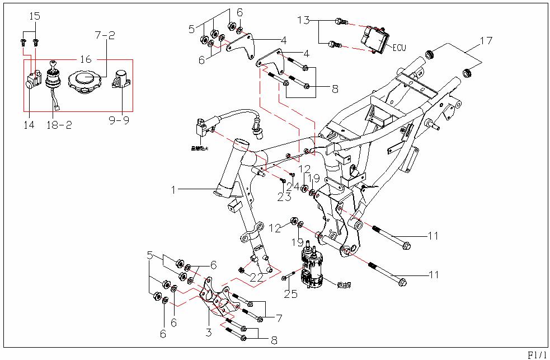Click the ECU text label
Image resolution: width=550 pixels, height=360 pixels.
click(x=399, y=48)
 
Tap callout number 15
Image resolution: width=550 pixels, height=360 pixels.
click(x=34, y=16)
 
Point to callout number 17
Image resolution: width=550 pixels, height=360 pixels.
click(x=486, y=40)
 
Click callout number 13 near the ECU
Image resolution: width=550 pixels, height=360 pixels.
click(x=303, y=21)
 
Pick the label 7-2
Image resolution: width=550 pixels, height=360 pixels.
click(x=104, y=35)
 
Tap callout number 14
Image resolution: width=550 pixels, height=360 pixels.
click(x=29, y=124)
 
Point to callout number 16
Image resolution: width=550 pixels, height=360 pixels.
click(x=86, y=59)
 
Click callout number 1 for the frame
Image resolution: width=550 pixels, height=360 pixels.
click(x=174, y=190)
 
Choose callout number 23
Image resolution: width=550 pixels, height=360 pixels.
click(x=284, y=197)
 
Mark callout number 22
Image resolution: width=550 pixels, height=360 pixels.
click(x=257, y=277)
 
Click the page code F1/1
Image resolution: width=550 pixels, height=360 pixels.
click(x=538, y=354)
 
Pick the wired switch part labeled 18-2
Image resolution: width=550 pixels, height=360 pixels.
click(x=54, y=84)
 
